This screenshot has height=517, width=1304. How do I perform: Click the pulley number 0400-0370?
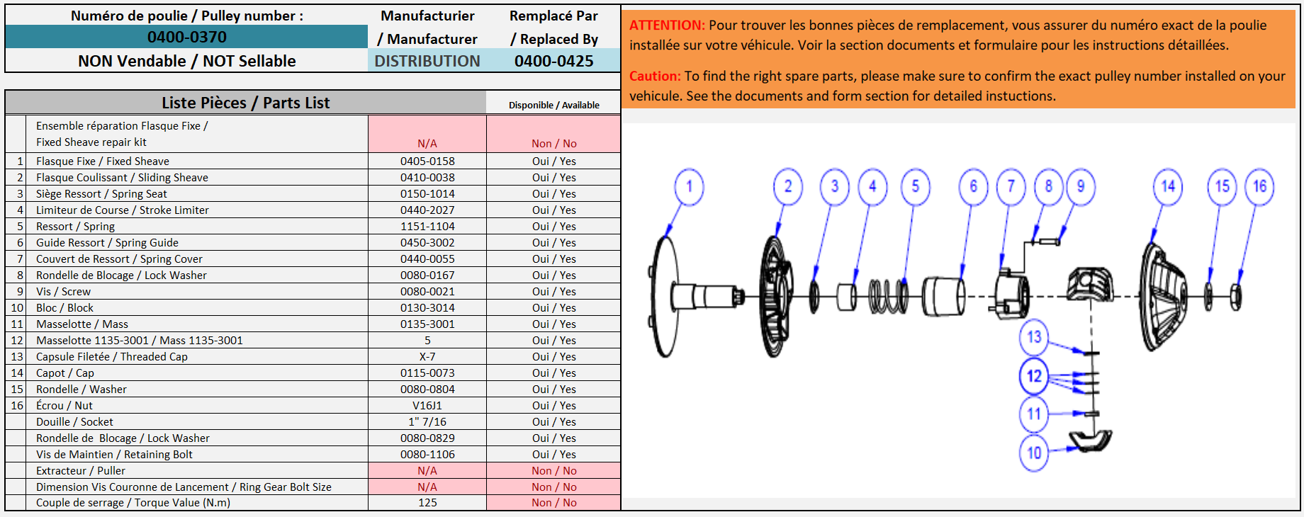tap(187, 37)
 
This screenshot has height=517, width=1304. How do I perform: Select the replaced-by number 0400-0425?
tap(553, 61)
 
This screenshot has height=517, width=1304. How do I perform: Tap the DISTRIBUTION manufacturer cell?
tap(427, 61)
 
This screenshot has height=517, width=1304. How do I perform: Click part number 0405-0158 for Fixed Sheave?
tap(427, 161)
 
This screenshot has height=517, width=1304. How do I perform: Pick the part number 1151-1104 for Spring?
tap(427, 227)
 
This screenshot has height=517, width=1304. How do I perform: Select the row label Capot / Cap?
tap(65, 373)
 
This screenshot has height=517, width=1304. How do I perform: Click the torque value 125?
tap(427, 503)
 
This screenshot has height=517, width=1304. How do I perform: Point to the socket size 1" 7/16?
tap(427, 422)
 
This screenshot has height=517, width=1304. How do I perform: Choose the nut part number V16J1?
tap(427, 406)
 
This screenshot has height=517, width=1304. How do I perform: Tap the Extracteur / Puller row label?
tap(81, 471)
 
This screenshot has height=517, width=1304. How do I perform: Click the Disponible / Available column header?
tap(553, 105)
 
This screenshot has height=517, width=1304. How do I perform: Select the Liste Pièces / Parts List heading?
tap(245, 103)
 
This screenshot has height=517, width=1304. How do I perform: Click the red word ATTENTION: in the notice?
tap(667, 25)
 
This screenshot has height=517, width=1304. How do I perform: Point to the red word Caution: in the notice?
tap(655, 76)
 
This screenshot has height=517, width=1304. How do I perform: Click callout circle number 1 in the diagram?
tap(689, 187)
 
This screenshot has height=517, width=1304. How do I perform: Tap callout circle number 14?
tap(1168, 187)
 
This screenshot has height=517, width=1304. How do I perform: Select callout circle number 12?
tap(1035, 375)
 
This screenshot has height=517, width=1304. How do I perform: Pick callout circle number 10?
tap(1035, 453)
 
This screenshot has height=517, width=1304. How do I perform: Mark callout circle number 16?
tap(1260, 187)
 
